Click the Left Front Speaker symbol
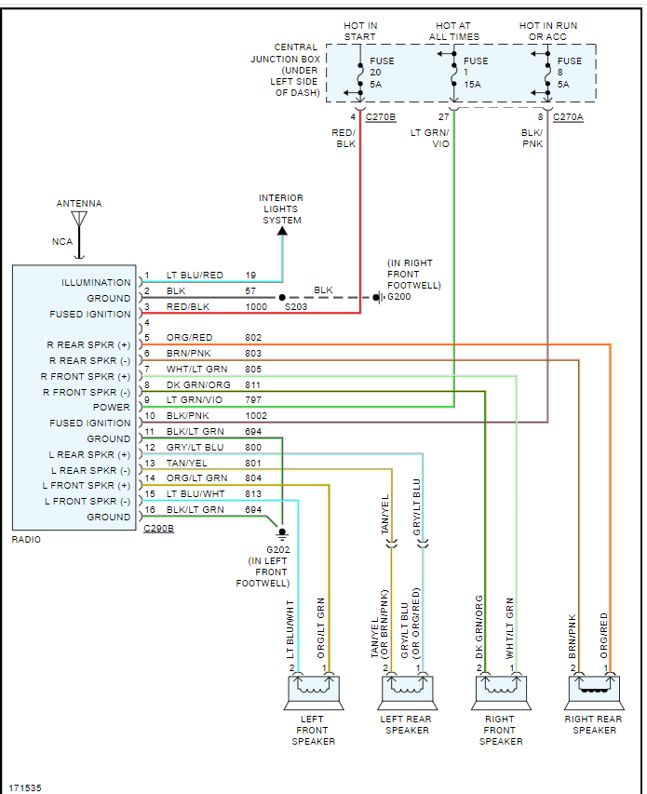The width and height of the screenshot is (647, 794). pyautogui.click(x=313, y=690)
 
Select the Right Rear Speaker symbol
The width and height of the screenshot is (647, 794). pyautogui.click(x=594, y=690)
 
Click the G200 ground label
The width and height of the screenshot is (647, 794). pyautogui.click(x=398, y=298)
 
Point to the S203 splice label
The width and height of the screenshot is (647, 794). pyautogui.click(x=296, y=306)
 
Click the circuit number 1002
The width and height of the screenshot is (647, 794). pyautogui.click(x=255, y=416)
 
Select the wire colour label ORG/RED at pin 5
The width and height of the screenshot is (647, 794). pyautogui.click(x=190, y=338)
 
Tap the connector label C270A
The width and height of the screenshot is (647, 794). pyautogui.click(x=568, y=116)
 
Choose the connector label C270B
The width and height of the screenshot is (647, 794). pyautogui.click(x=380, y=116)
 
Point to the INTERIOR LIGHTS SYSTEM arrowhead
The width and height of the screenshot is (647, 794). pyautogui.click(x=282, y=230)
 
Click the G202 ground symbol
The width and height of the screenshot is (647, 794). pyautogui.click(x=282, y=534)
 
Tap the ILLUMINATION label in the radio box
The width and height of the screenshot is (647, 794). pyautogui.click(x=97, y=283)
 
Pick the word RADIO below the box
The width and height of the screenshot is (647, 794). pyautogui.click(x=26, y=540)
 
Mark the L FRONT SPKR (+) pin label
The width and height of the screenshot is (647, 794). pyautogui.click(x=89, y=486)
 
